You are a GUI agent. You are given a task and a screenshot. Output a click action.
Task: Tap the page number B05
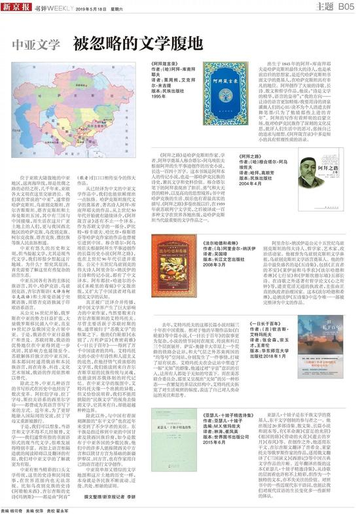[x=346, y=7]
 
